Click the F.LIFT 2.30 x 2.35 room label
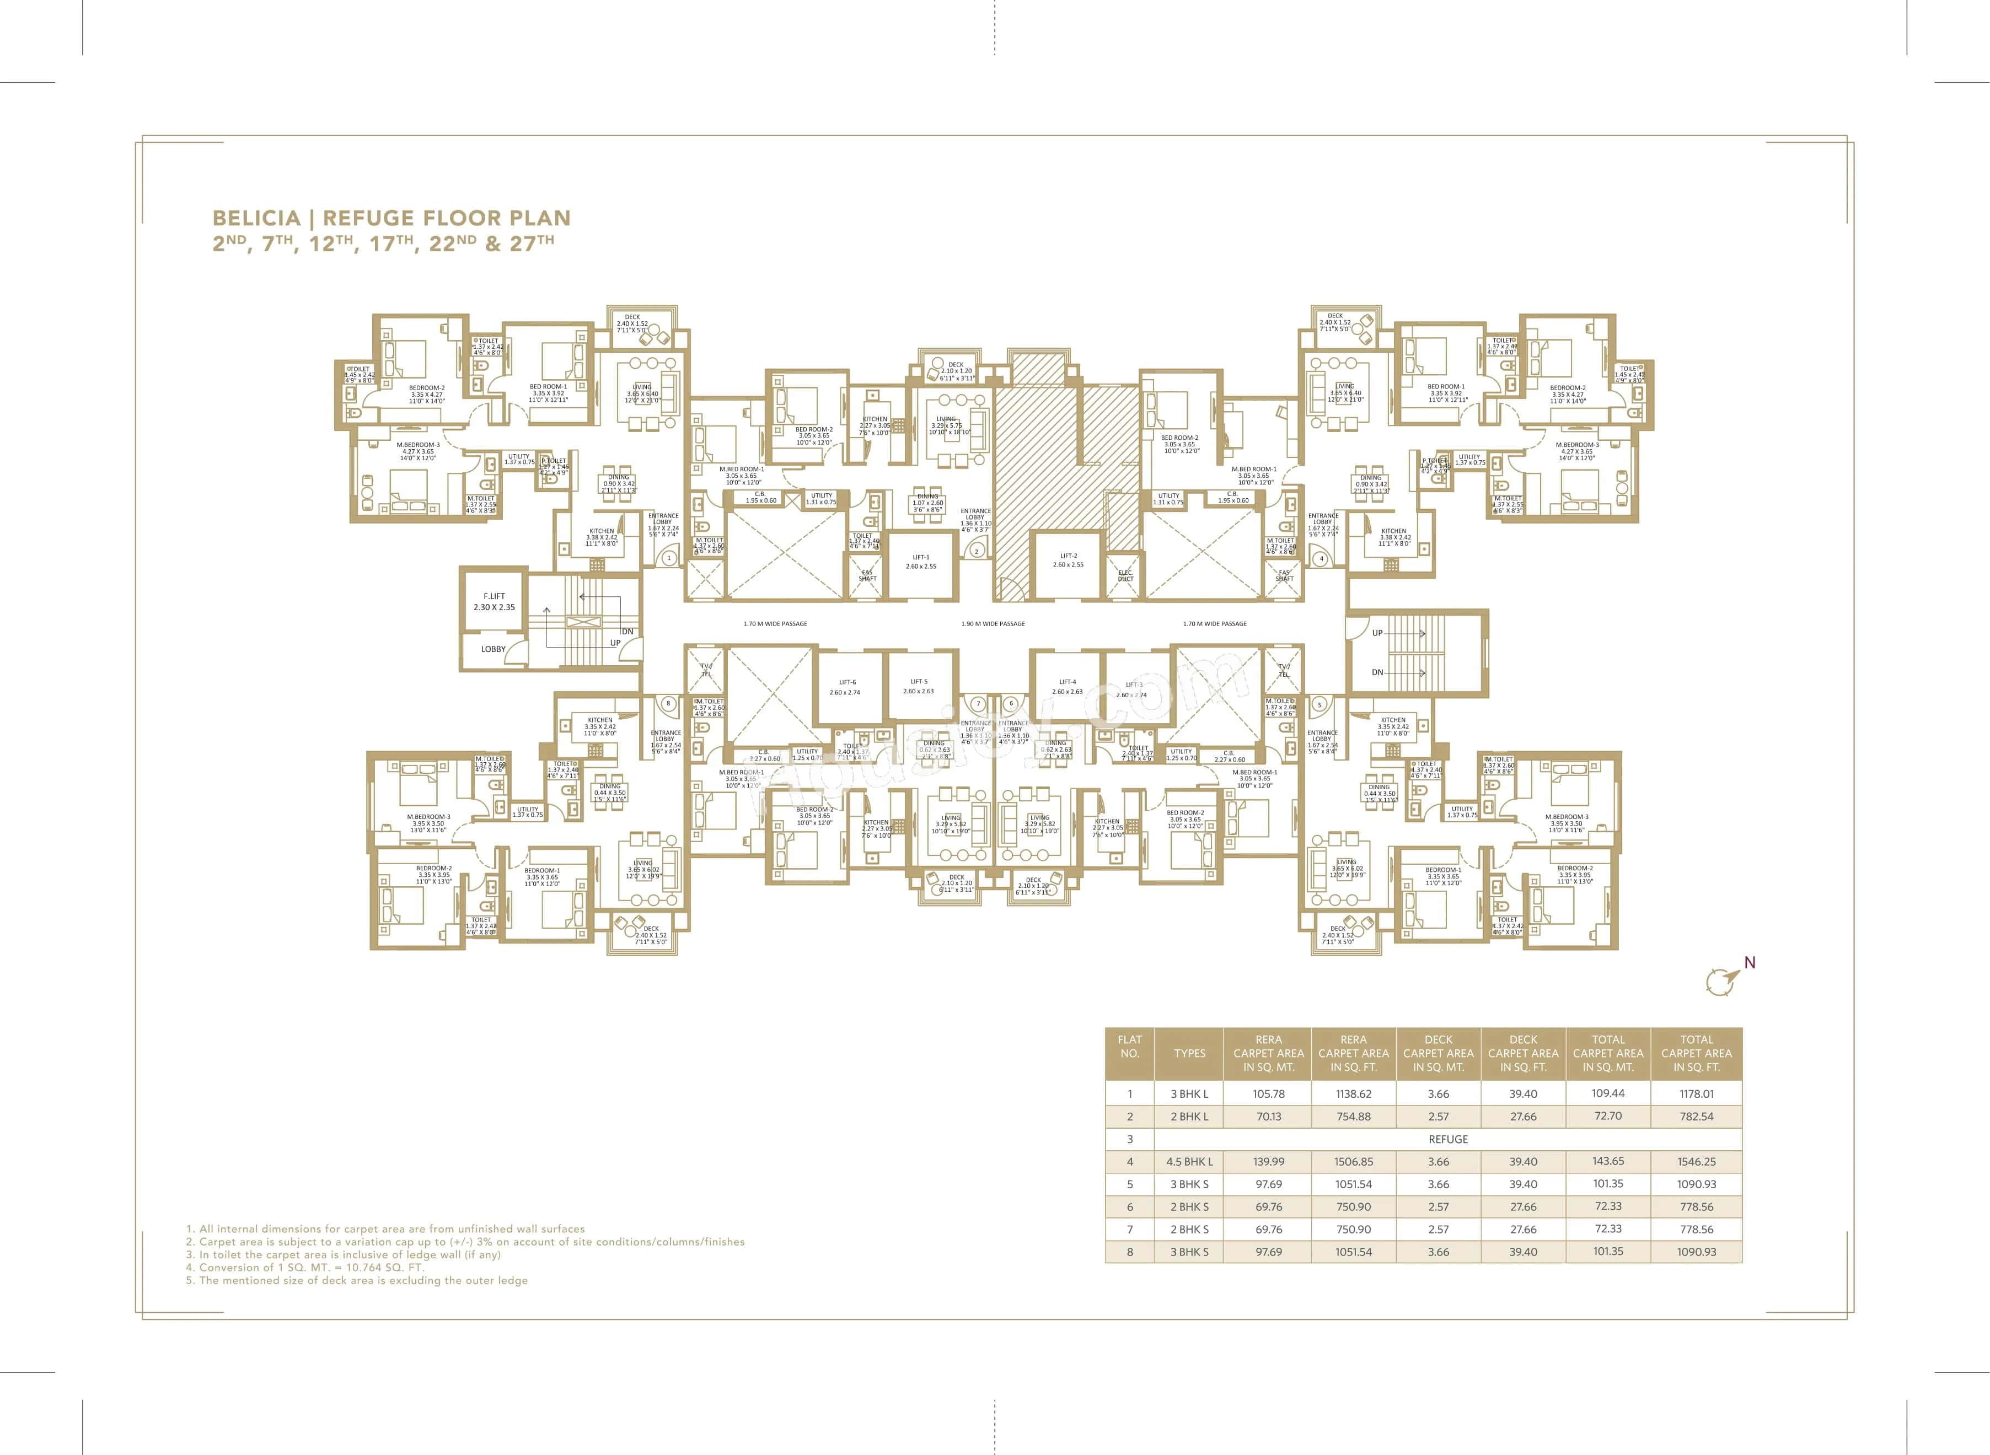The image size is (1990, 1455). tap(494, 601)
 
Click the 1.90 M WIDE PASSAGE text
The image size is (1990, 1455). tap(993, 623)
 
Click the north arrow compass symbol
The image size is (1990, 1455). tap(1721, 979)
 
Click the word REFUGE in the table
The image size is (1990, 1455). tap(1447, 1139)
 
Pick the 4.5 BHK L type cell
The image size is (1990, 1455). tap(1189, 1162)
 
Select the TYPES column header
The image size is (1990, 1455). tap(1189, 1053)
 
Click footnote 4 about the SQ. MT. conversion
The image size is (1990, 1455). tap(305, 1268)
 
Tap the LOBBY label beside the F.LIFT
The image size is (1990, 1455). tap(494, 649)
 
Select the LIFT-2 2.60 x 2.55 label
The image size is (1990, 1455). tap(1068, 560)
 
